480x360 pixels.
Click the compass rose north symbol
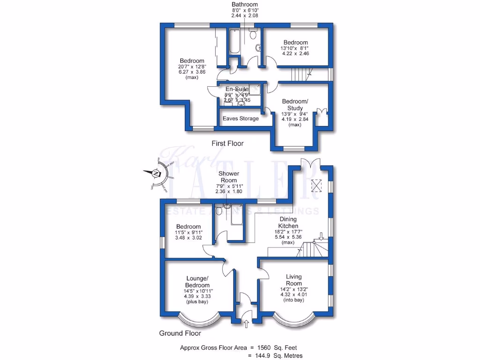coord(155,174)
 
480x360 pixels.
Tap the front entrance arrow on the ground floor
coord(246,323)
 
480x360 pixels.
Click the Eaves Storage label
coord(240,119)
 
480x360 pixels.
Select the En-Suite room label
coord(237,89)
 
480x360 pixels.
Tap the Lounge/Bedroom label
coord(197,282)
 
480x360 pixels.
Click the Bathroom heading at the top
coord(245,4)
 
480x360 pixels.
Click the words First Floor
coord(228,143)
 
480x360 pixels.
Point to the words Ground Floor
coord(180,334)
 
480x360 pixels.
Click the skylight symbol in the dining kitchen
coord(318,186)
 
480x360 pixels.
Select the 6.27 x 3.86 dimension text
coord(192,73)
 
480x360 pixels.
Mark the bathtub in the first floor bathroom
coord(234,42)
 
